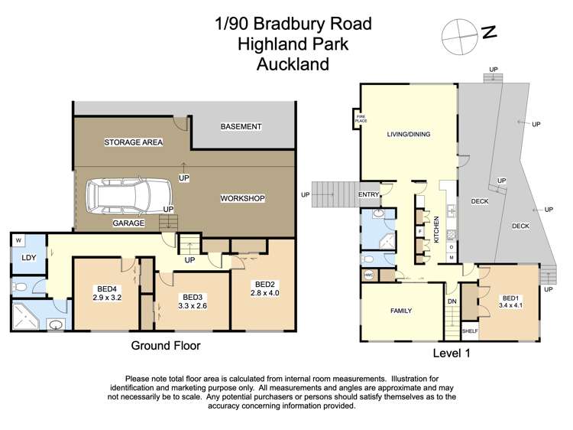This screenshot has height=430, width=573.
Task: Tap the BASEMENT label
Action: coord(241,126)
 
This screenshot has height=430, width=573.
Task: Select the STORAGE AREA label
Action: coord(134,142)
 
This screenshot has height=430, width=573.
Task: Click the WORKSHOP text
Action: coord(242,198)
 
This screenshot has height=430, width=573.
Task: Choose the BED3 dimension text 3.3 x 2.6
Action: coord(192,306)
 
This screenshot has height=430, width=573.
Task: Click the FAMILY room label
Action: coord(400,311)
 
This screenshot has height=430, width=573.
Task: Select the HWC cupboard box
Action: coord(367,274)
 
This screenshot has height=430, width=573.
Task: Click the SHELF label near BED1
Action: coord(470,331)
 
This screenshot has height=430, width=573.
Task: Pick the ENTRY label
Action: coord(368,194)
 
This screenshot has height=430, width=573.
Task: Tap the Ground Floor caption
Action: coord(166,346)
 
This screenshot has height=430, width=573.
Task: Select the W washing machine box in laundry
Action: coord(18,239)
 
